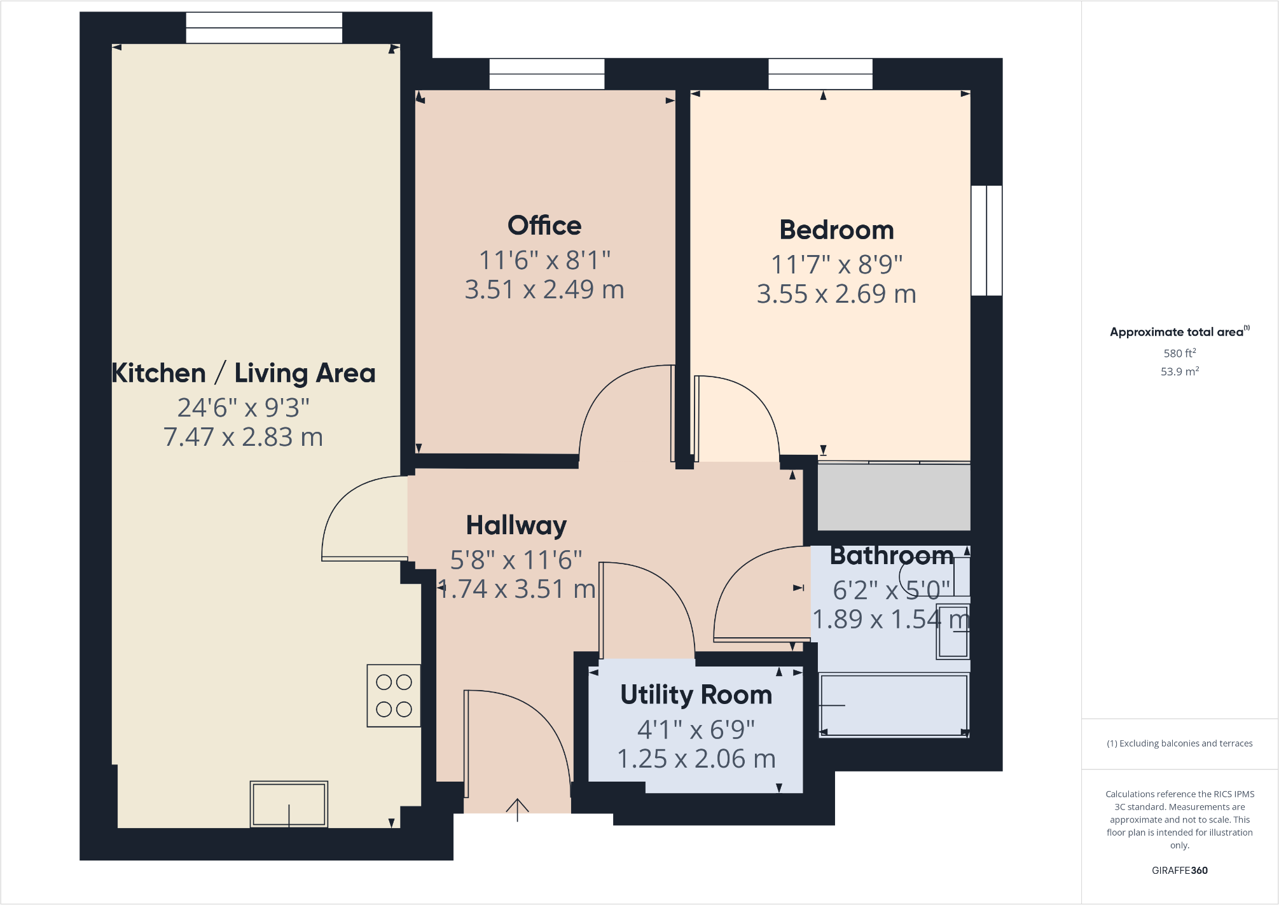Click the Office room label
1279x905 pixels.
[544, 226]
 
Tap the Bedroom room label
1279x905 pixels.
[836, 230]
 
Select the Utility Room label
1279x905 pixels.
[696, 695]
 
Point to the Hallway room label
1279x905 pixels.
[516, 525]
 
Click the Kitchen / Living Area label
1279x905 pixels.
[244, 373]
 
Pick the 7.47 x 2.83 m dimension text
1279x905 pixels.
[244, 438]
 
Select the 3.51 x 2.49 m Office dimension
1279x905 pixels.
[544, 290]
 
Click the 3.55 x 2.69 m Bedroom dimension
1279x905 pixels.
[836, 294]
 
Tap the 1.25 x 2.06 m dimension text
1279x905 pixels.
[696, 759]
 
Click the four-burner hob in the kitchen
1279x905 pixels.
[394, 696]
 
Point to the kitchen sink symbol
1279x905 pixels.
[289, 805]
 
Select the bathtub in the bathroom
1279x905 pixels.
[894, 705]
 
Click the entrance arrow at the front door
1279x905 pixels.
[518, 810]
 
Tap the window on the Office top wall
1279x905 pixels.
[547, 74]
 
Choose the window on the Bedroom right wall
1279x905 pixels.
[987, 240]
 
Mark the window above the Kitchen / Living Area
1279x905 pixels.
[264, 27]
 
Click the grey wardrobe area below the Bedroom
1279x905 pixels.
[894, 497]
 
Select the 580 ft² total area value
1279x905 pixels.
[1180, 353]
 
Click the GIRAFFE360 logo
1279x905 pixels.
[1180, 871]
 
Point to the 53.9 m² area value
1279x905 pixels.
[1180, 371]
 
